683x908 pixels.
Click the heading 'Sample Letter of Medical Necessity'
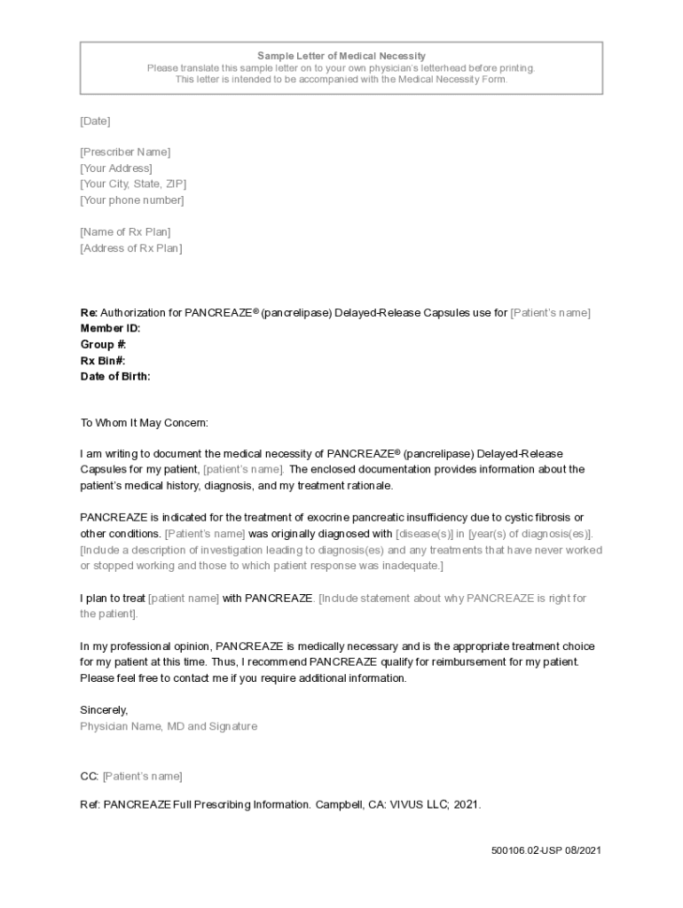pos(341,56)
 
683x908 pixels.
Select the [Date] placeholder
pos(95,121)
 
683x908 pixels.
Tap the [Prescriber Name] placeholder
pos(125,153)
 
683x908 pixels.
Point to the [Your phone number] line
pos(132,200)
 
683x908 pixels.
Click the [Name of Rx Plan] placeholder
pos(125,232)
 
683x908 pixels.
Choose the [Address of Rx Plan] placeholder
pos(131,248)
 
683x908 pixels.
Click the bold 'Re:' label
pos(89,313)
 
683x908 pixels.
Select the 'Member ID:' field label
pos(110,329)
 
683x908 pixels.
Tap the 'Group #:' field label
pos(103,345)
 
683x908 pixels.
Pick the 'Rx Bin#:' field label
pos(103,361)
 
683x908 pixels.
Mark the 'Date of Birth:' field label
pos(115,377)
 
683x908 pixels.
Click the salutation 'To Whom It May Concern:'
pos(145,423)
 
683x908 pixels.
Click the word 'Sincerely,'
pos(105,710)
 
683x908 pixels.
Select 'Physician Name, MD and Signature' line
pos(169,726)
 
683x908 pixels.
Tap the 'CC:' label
pos(89,777)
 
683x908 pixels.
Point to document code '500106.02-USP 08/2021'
pos(546,851)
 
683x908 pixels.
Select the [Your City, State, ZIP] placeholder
pos(133,184)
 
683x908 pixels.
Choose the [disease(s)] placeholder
pos(424,534)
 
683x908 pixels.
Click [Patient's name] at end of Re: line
pos(550,313)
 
